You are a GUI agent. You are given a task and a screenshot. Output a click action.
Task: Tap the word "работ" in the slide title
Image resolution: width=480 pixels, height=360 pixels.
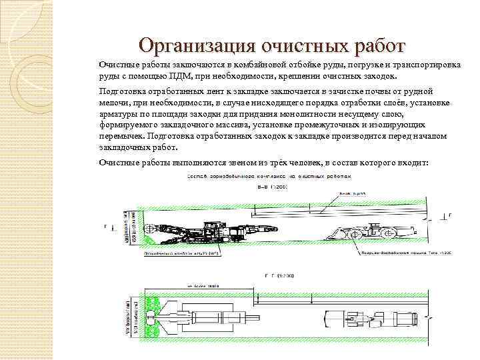(x=373, y=46)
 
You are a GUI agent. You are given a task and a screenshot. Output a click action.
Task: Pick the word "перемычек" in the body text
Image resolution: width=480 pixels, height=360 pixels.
(x=121, y=137)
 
